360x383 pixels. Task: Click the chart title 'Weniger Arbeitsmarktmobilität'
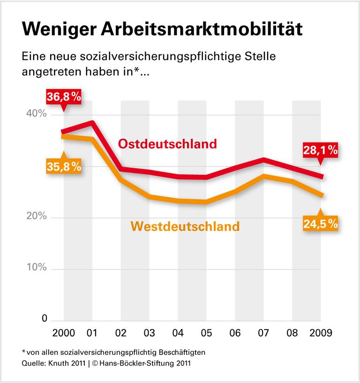[x=162, y=29]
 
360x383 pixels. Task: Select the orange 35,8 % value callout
[x=64, y=166]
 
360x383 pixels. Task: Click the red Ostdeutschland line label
[x=167, y=143]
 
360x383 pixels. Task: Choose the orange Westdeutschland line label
[x=185, y=226]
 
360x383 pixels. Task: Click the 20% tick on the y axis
[x=36, y=217]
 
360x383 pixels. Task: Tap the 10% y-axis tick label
[x=36, y=268]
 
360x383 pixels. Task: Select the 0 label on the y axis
[x=45, y=319]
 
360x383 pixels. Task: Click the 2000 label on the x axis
[x=63, y=333]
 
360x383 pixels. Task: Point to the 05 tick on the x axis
[x=206, y=333]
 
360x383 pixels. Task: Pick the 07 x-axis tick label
[x=263, y=333]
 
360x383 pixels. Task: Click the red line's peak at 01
[x=92, y=123]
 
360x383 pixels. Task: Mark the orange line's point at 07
[x=264, y=176]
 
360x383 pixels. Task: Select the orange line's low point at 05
[x=206, y=202]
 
